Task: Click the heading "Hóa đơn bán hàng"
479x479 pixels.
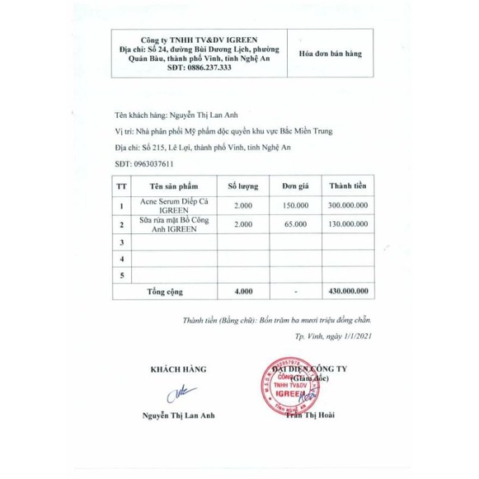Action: coord(330,51)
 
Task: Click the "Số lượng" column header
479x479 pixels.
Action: coord(244,185)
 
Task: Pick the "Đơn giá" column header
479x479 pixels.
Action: coord(294,185)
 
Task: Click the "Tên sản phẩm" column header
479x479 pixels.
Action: coord(172,185)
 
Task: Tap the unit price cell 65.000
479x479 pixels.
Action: coord(294,223)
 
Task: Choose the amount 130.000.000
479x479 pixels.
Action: coord(346,223)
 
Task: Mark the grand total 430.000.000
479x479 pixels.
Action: coord(346,292)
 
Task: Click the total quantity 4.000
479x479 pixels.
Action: coord(244,292)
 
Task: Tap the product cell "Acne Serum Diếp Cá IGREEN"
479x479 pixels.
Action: coord(172,206)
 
